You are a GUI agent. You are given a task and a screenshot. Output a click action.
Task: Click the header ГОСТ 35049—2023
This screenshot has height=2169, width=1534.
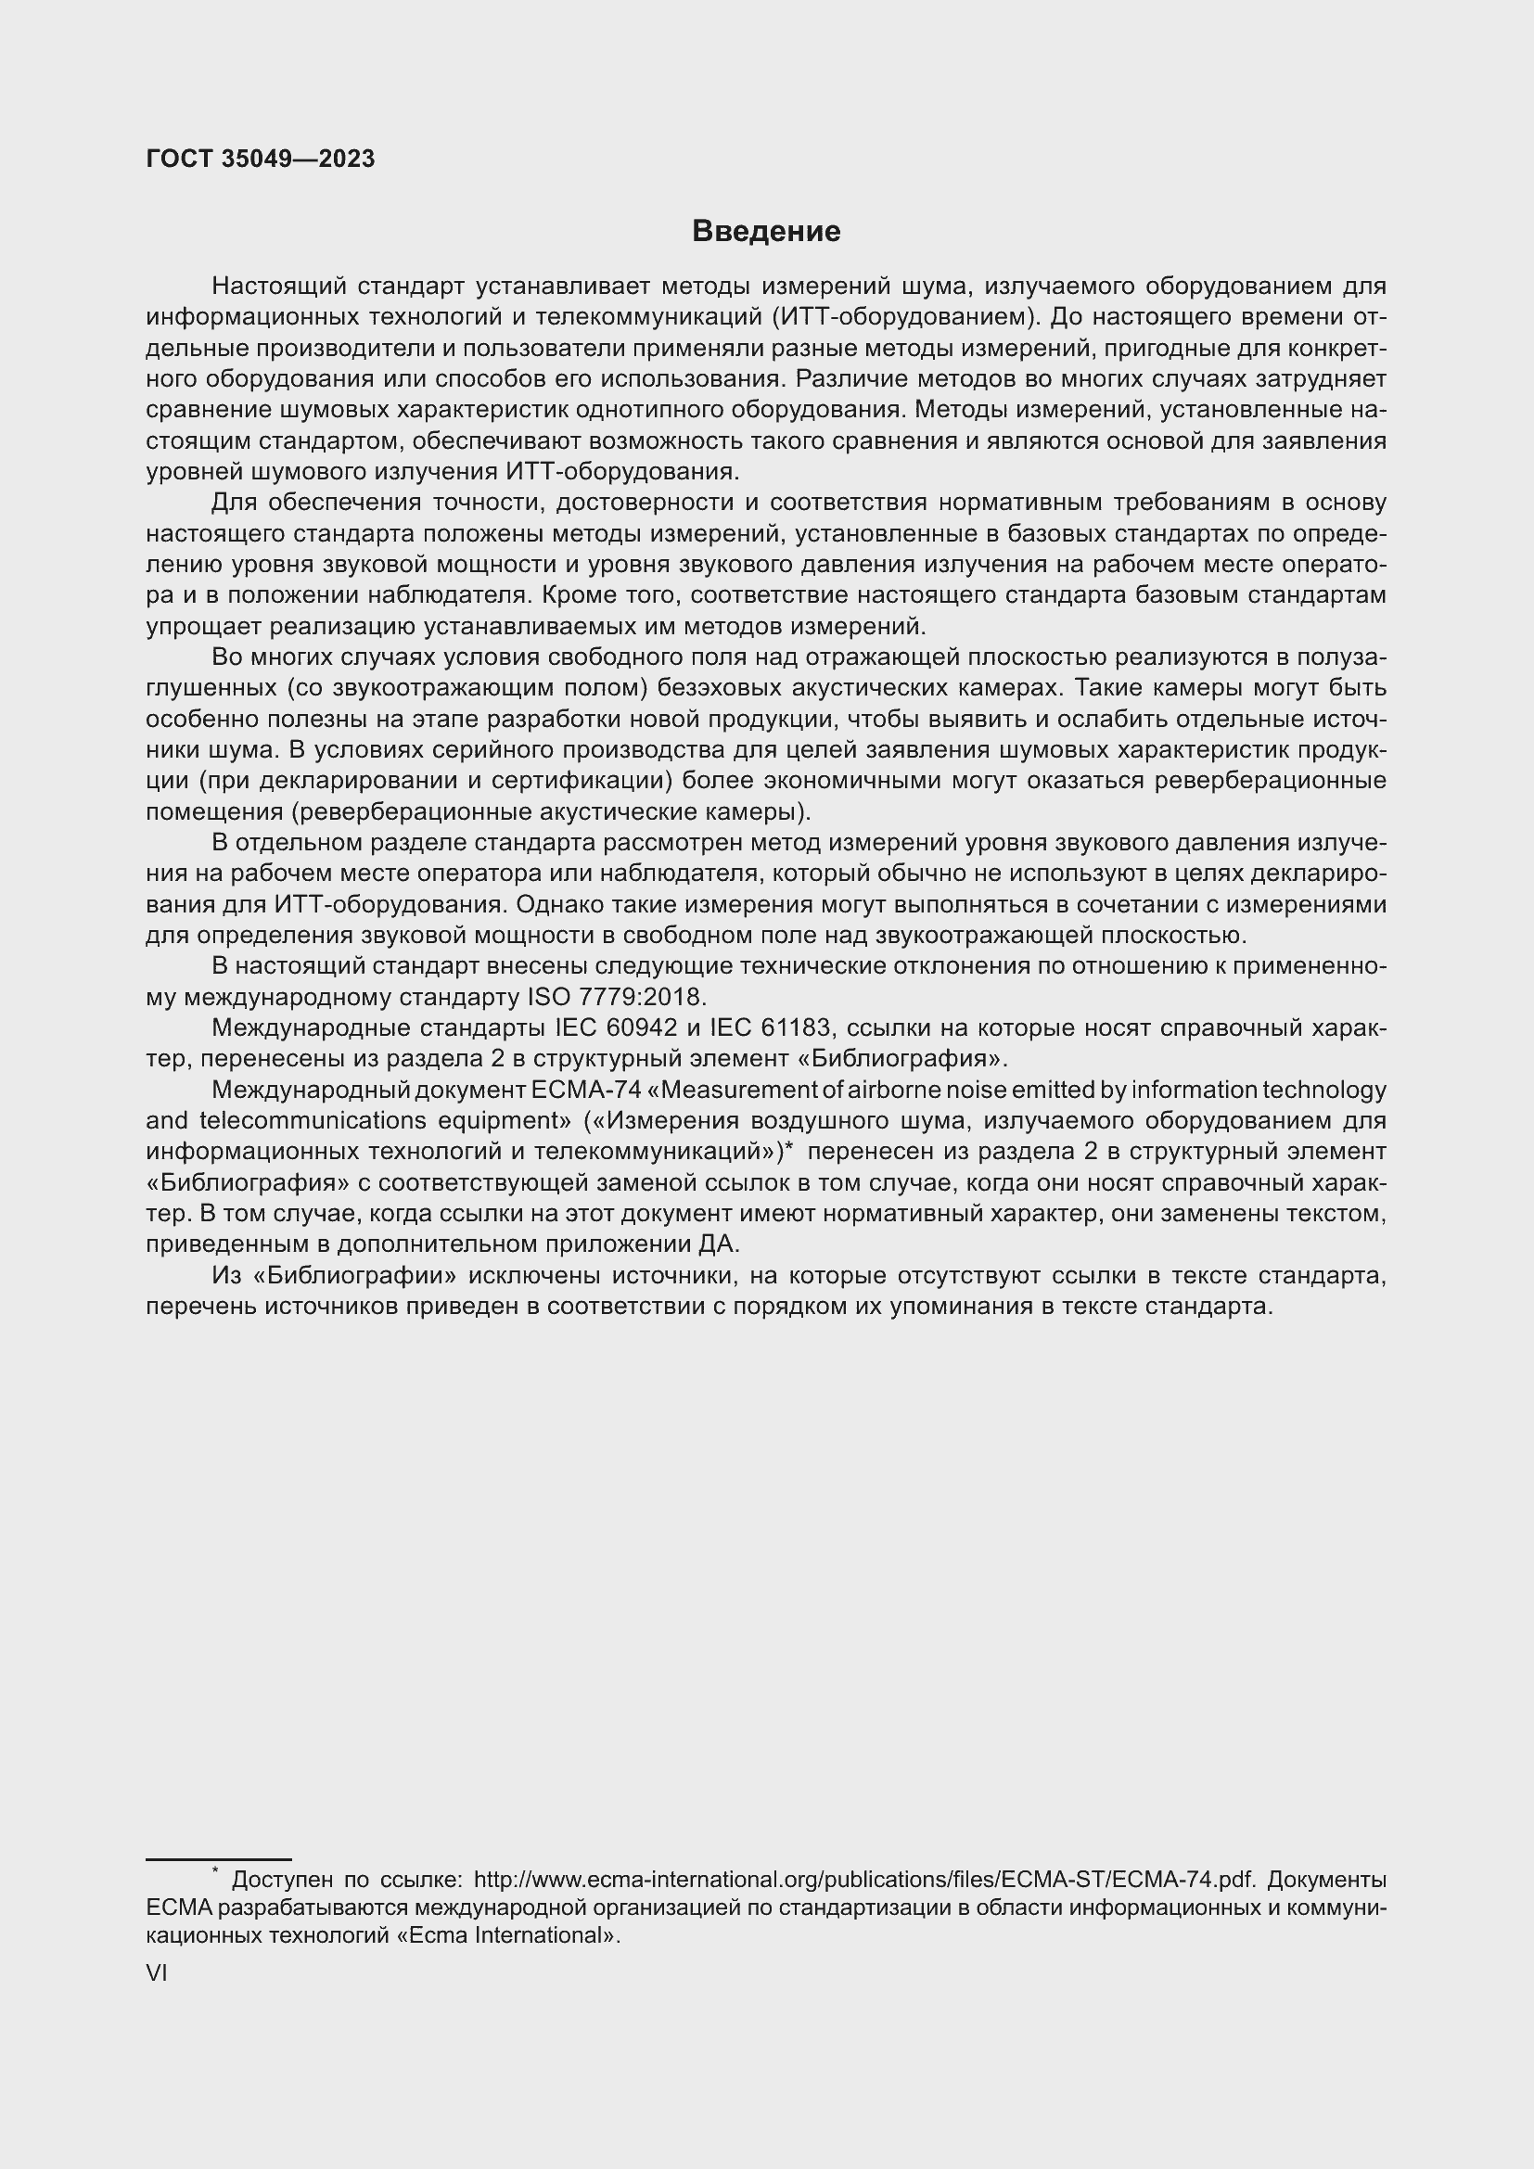[x=261, y=159]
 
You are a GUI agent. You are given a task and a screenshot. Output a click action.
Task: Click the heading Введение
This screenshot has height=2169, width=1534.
[x=766, y=232]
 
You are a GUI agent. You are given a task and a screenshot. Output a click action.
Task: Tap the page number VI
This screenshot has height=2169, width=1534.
[x=156, y=1972]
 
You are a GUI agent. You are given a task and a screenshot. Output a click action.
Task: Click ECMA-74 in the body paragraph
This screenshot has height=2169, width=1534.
[x=586, y=1091]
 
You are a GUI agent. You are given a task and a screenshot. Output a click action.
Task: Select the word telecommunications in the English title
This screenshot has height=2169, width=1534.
[x=313, y=1121]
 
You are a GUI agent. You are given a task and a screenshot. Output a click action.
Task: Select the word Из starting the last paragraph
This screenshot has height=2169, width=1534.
[x=226, y=1276]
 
